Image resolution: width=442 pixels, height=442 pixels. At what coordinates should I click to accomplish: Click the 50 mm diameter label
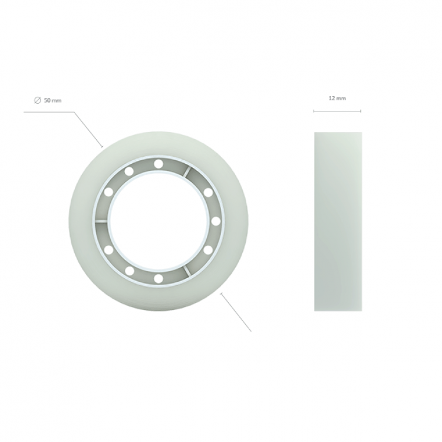point(48,100)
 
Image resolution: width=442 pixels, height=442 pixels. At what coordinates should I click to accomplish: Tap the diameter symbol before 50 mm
point(38,100)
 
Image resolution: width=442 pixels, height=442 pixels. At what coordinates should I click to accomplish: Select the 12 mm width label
point(337,98)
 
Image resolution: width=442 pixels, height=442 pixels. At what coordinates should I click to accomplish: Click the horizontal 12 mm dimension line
point(337,111)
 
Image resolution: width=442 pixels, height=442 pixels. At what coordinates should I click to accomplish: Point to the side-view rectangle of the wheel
point(338,222)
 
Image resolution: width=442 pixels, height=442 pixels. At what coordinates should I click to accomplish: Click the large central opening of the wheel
point(159,221)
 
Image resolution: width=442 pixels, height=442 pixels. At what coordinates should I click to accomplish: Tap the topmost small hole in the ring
point(159,163)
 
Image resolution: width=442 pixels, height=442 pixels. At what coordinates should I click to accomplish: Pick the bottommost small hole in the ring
point(159,279)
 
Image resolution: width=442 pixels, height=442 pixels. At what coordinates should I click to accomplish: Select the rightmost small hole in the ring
point(216,221)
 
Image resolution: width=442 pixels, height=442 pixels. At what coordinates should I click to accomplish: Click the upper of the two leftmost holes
point(108,192)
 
